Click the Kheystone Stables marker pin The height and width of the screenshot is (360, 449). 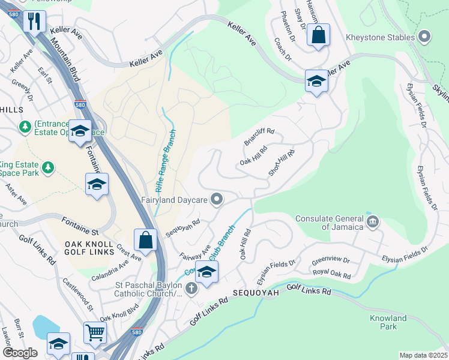tap(425, 37)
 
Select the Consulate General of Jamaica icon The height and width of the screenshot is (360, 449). tap(373, 222)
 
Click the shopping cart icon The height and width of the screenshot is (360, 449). tap(95, 332)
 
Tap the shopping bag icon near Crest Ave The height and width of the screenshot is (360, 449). tap(145, 240)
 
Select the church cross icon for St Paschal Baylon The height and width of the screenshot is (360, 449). tap(191, 289)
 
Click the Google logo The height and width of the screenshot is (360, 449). tap(20, 353)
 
